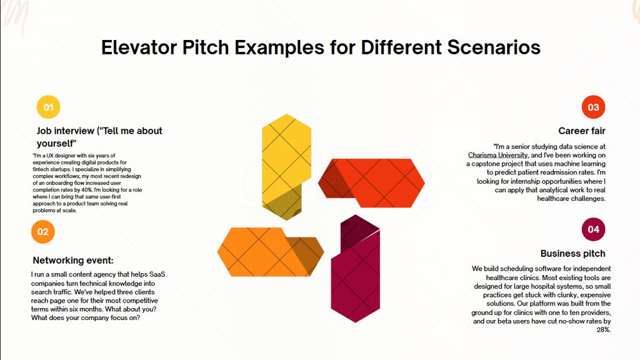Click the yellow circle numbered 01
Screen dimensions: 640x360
[x=48, y=107]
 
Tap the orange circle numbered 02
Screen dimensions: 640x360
[x=43, y=231]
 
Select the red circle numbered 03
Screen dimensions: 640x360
[x=593, y=107]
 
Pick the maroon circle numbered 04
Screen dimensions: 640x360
[x=593, y=229]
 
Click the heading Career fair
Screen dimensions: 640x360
[x=582, y=131]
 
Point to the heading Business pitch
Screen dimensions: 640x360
[x=572, y=254]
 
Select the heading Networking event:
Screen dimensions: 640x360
[x=73, y=261]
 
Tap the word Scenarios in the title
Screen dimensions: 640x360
[x=494, y=47]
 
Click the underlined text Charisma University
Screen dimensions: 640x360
[x=498, y=155]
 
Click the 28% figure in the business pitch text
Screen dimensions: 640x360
[x=604, y=330]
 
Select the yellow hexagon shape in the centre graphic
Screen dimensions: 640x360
[x=286, y=167]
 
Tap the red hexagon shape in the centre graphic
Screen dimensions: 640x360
[x=371, y=183]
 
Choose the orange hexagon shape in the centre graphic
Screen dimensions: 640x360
[x=271, y=252]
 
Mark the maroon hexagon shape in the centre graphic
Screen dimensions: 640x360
[x=356, y=269]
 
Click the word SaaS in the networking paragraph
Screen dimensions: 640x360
[x=157, y=274]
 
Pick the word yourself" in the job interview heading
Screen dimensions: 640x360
[x=56, y=144]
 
